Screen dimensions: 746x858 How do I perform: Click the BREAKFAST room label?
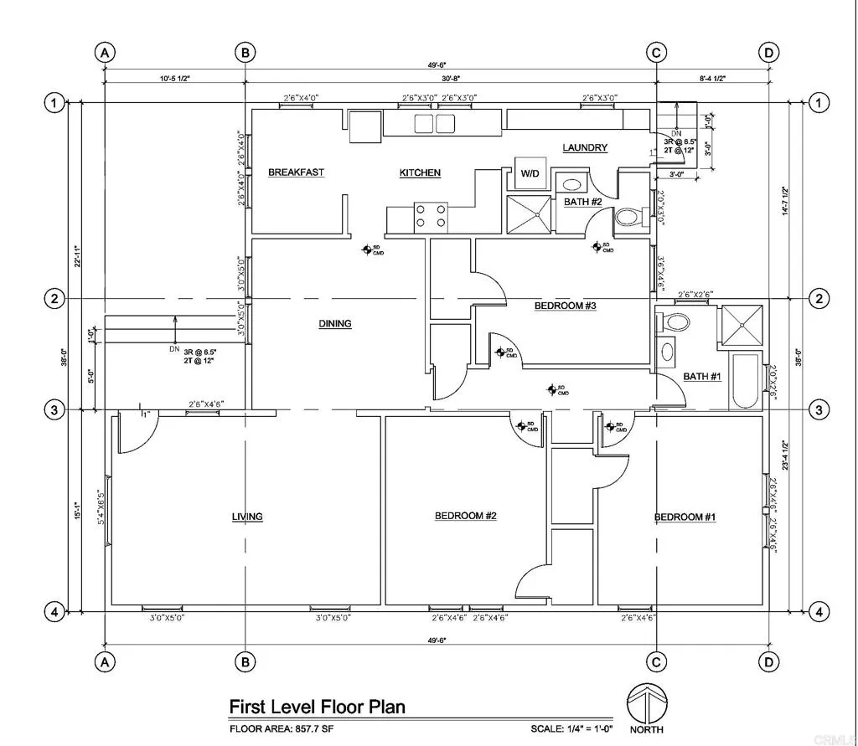(296, 172)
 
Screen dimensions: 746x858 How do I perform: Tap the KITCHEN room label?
(420, 172)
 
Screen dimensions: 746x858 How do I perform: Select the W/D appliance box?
(530, 174)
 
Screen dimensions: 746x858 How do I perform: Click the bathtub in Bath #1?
(745, 380)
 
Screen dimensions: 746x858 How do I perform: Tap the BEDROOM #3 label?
(565, 306)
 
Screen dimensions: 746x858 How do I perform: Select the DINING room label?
(334, 324)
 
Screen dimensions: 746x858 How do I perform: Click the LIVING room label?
(247, 517)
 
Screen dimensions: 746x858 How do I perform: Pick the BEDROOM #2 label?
(466, 516)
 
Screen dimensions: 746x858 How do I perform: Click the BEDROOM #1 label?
(685, 517)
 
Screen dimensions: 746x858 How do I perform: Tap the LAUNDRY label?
(584, 147)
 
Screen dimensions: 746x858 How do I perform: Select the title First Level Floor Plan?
(317, 707)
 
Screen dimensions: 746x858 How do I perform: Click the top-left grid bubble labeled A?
(105, 53)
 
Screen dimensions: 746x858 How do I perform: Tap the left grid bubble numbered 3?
(54, 410)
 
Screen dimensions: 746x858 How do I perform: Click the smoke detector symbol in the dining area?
(367, 249)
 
